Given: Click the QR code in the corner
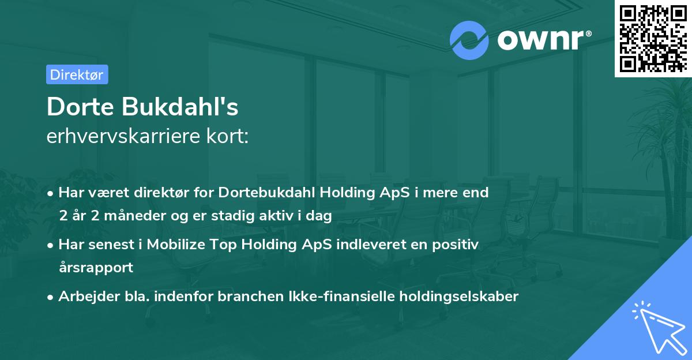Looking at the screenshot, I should [x=653, y=39].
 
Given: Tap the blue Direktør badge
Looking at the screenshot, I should [x=77, y=74].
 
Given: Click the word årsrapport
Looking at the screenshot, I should [x=96, y=268].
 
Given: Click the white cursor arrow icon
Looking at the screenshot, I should [x=657, y=326].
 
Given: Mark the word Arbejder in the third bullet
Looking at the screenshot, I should [x=84, y=297].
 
